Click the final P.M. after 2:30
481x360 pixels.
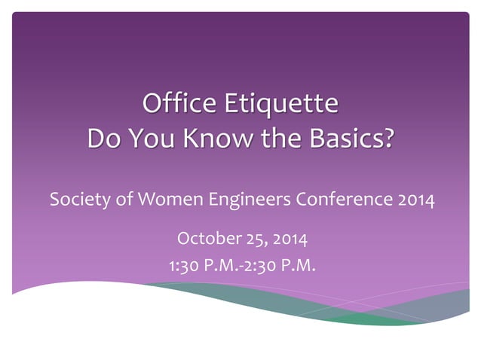[x=299, y=265]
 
